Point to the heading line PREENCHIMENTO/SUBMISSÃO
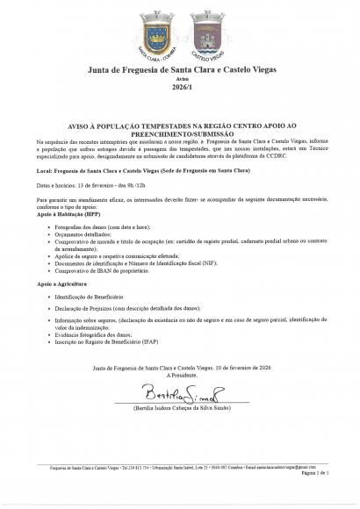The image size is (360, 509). point(180,133)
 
